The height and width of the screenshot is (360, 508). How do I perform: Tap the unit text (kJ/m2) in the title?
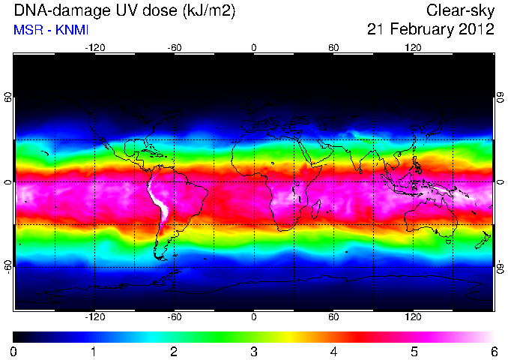(208, 11)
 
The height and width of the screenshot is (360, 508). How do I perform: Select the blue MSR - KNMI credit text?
(51, 30)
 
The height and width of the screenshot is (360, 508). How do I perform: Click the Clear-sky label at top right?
(460, 11)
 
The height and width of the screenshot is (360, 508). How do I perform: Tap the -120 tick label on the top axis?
(95, 48)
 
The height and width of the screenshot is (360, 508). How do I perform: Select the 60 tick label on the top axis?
(333, 48)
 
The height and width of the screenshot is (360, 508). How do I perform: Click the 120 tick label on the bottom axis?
(413, 316)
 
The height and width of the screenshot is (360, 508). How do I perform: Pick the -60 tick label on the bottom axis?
(175, 316)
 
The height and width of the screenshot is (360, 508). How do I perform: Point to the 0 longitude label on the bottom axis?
(254, 316)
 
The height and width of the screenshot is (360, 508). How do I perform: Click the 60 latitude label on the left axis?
(8, 97)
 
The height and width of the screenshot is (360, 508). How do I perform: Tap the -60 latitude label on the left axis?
(8, 266)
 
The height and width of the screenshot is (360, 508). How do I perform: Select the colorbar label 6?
(494, 352)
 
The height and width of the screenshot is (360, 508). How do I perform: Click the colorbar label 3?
(254, 352)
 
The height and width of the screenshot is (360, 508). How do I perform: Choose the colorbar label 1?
(94, 352)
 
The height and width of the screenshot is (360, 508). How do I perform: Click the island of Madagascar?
(316, 208)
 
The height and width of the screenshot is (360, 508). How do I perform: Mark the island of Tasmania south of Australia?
(448, 241)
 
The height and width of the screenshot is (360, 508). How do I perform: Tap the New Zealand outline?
(484, 240)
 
